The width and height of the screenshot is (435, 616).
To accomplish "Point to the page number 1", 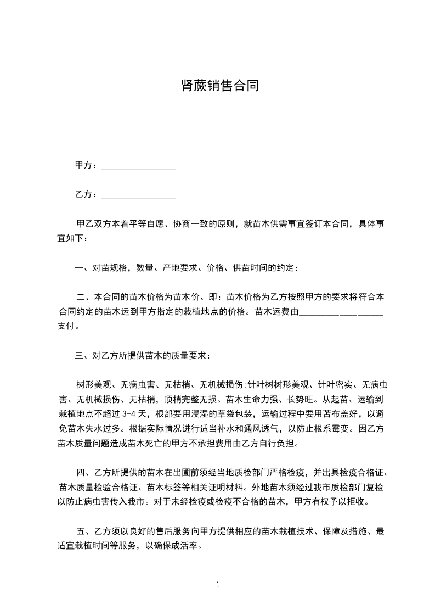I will (218, 585).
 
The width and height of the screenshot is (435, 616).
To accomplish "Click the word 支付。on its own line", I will (69, 327).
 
